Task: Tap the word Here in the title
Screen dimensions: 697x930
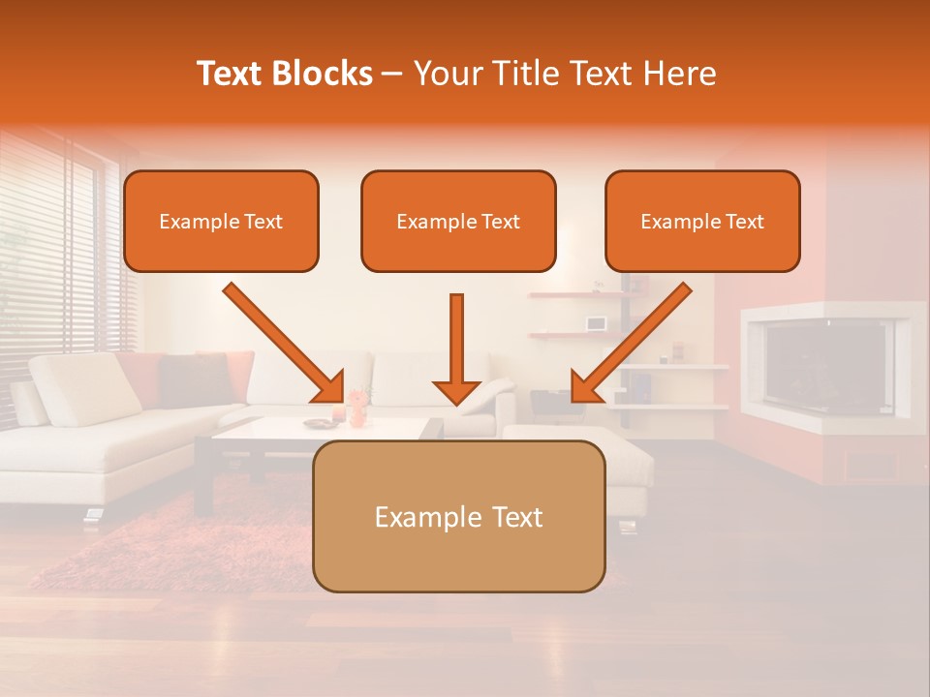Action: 678,74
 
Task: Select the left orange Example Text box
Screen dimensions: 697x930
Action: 221,222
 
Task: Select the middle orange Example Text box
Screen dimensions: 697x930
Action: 458,222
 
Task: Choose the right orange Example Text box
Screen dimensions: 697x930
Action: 702,222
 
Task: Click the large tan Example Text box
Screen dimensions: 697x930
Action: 458,517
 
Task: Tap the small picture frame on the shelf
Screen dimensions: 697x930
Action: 595,322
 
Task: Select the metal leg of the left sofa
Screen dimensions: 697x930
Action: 94,514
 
